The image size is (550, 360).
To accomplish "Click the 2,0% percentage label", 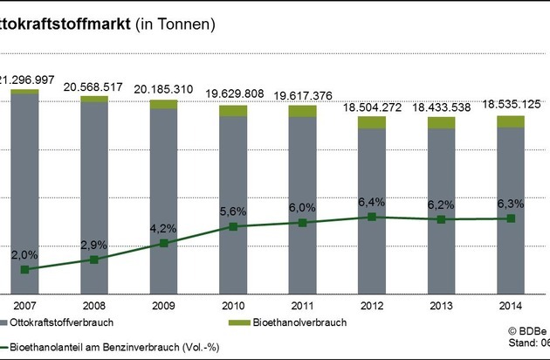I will [24, 254].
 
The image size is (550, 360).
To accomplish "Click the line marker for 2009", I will [163, 243].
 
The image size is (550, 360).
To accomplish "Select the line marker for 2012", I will [372, 217].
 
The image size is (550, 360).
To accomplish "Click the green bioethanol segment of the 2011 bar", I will [302, 111].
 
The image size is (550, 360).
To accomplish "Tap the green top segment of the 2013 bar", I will [442, 122].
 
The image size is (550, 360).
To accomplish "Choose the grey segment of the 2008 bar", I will [94, 192].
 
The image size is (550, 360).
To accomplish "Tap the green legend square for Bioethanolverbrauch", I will [244, 323].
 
